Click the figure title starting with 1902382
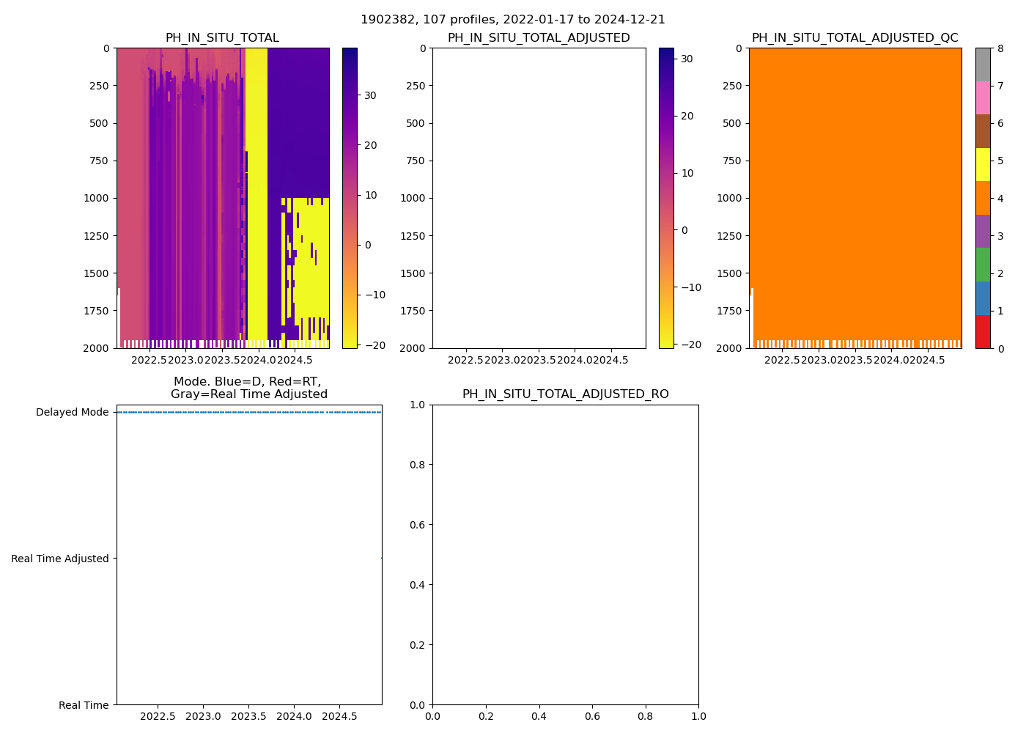513,20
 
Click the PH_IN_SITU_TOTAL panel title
222,38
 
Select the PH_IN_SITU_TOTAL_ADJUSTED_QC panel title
855,38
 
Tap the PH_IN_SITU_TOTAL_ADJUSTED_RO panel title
565,394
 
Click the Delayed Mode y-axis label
73,412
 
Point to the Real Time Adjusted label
60,559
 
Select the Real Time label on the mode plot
84,705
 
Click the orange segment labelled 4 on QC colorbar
983,198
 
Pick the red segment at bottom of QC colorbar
983,332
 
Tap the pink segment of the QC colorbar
983,97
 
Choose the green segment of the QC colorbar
983,265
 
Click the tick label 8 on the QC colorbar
1000,48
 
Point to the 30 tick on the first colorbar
370,95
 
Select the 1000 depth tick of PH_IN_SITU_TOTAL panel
97,198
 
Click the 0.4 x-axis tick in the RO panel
539,716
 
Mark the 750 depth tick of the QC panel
733,161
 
